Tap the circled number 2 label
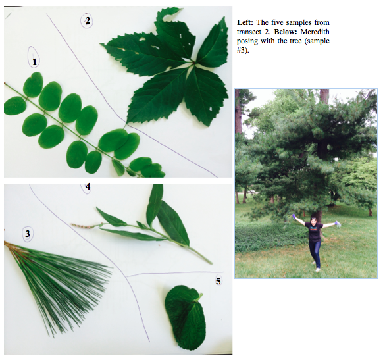pyautogui.click(x=87, y=21)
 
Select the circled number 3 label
pyautogui.click(x=27, y=234)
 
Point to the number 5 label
pyautogui.click(x=218, y=280)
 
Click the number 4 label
pyautogui.click(x=88, y=187)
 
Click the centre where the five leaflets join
pyautogui.click(x=193, y=63)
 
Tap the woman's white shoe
pyautogui.click(x=318, y=270)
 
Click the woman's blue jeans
pyautogui.click(x=315, y=253)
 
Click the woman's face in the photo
pyautogui.click(x=313, y=220)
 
